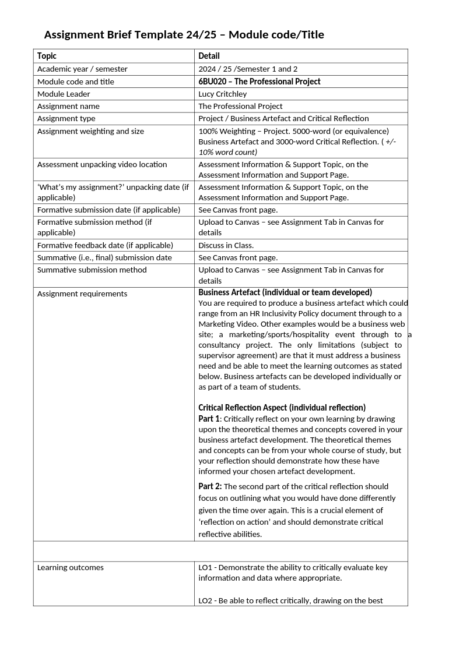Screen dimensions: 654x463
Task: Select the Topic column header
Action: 47,56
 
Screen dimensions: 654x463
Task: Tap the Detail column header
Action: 209,56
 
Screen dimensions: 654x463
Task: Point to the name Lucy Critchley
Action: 223,94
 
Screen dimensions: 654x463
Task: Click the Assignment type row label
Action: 66,118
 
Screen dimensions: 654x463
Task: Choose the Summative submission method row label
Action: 92,270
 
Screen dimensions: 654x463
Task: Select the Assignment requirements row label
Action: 82,294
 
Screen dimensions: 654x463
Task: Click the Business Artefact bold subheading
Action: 285,292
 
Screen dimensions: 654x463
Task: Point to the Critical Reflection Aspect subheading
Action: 282,408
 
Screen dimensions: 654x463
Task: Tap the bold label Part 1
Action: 209,419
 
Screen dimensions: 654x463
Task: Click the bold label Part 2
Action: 209,486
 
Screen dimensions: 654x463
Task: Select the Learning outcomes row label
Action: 70,567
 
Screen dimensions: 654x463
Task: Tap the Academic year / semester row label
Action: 82,69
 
